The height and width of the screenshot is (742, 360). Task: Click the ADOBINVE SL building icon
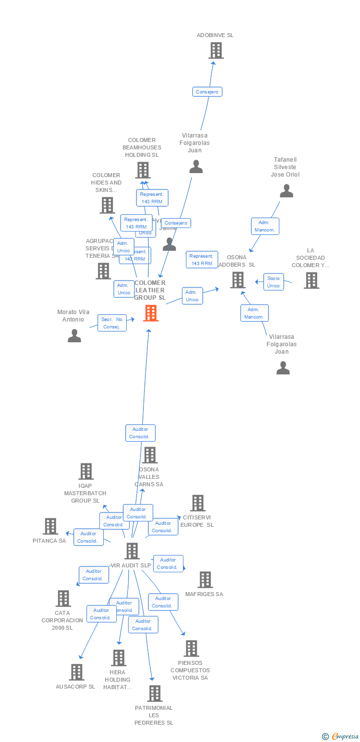tap(216, 50)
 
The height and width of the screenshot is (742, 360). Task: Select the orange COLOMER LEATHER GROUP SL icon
tap(151, 313)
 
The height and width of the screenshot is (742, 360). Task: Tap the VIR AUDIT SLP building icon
tap(132, 551)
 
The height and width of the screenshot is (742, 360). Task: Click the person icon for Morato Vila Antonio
tap(74, 335)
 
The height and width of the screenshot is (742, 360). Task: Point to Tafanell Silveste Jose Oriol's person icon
tap(286, 191)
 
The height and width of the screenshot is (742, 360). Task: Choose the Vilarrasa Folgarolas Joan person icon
tap(283, 368)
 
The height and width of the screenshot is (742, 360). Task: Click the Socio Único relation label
tap(273, 282)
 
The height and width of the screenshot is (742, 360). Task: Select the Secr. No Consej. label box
tap(112, 323)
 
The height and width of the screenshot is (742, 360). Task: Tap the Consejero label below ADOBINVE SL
tap(207, 92)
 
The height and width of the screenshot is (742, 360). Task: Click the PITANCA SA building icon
tap(50, 526)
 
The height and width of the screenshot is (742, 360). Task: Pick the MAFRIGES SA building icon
tap(205, 580)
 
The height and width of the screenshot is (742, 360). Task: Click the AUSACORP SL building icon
tap(76, 672)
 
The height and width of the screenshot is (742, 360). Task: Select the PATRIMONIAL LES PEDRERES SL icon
tap(154, 694)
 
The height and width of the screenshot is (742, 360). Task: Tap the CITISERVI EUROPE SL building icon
tap(198, 503)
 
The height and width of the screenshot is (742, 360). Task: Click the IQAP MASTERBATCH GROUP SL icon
tap(86, 471)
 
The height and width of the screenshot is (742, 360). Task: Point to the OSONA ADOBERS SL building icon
tap(238, 280)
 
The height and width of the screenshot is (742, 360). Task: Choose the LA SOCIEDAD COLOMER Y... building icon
tap(311, 280)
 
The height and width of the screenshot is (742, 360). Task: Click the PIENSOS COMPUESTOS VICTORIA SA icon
tap(191, 648)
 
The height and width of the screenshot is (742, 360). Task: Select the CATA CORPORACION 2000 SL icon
tap(63, 599)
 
